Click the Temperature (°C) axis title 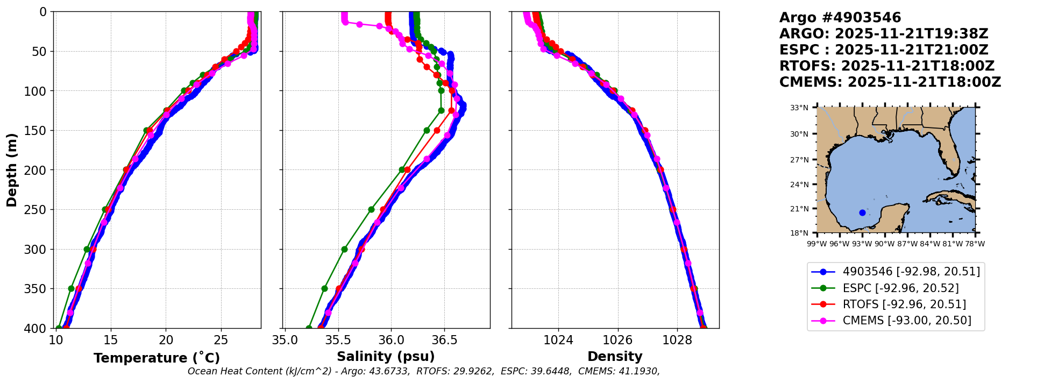click(157, 358)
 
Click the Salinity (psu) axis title click(386, 357)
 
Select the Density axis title click(615, 357)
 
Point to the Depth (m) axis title click(12, 170)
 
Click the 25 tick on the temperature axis click(221, 340)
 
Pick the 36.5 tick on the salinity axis click(444, 340)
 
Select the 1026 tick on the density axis click(617, 340)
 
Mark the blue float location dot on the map click(862, 212)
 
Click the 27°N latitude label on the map click(799, 160)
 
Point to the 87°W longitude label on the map click(907, 244)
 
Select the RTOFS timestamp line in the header click(886, 66)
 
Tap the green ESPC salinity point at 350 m click(324, 288)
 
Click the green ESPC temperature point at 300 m click(87, 249)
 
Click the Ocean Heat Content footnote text click(423, 371)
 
